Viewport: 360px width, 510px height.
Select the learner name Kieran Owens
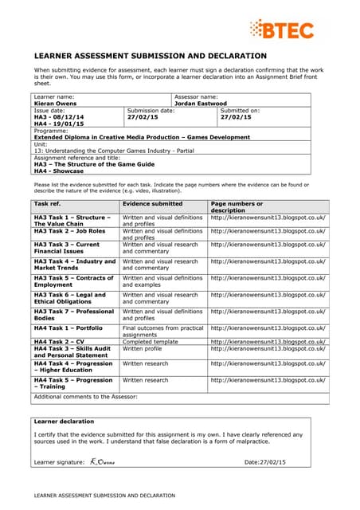pyautogui.click(x=56, y=103)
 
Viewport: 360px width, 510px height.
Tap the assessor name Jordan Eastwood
pyautogui.click(x=205, y=103)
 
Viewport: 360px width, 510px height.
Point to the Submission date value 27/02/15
pyautogui.click(x=143, y=117)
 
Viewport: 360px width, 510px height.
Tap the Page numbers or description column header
pyautogui.click(x=239, y=207)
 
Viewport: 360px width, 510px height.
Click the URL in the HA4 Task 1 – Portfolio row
pyautogui.click(x=268, y=328)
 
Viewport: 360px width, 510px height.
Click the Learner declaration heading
pyautogui.click(x=65, y=421)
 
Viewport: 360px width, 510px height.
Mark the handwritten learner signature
pyautogui.click(x=102, y=461)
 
